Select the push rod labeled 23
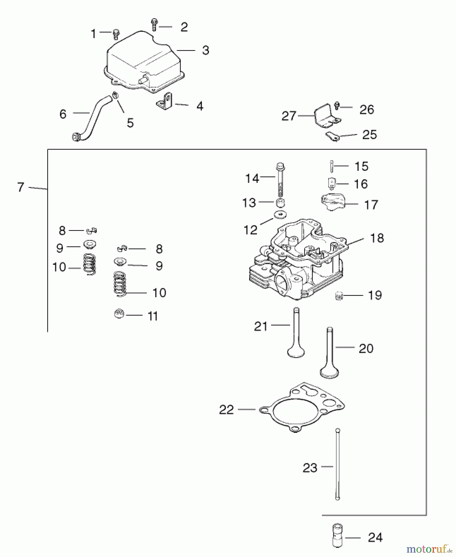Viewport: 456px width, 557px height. pos(337,464)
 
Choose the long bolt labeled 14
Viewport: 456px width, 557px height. pos(280,179)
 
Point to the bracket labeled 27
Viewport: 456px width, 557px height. pos(325,116)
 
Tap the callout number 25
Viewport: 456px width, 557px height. pos(369,135)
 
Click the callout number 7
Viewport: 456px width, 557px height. pos(21,187)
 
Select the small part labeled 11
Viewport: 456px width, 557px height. pos(119,314)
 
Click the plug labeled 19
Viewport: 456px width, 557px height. pos(339,296)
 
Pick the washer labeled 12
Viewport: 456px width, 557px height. pos(280,214)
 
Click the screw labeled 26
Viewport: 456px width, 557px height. pos(337,106)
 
